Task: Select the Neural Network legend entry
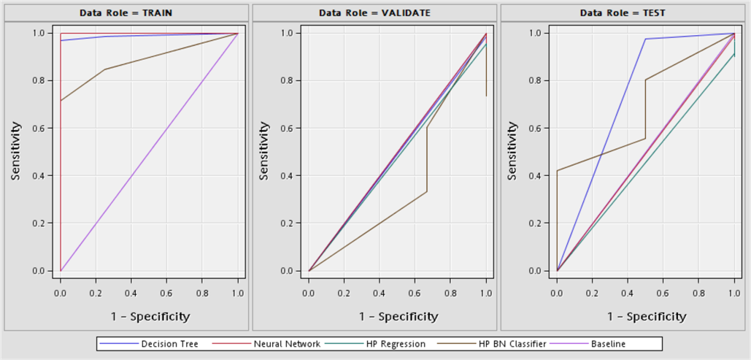pyautogui.click(x=287, y=343)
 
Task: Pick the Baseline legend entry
pyautogui.click(x=608, y=343)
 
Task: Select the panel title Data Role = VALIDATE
pyautogui.click(x=374, y=12)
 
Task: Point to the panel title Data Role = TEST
pyautogui.click(x=623, y=12)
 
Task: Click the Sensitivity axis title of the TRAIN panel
pyautogui.click(x=15, y=151)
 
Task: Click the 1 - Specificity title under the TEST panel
pyautogui.click(x=647, y=316)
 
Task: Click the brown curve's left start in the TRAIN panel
pyautogui.click(x=61, y=101)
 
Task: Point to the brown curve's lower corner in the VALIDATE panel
pyautogui.click(x=427, y=191)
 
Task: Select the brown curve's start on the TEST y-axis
pyautogui.click(x=557, y=171)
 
